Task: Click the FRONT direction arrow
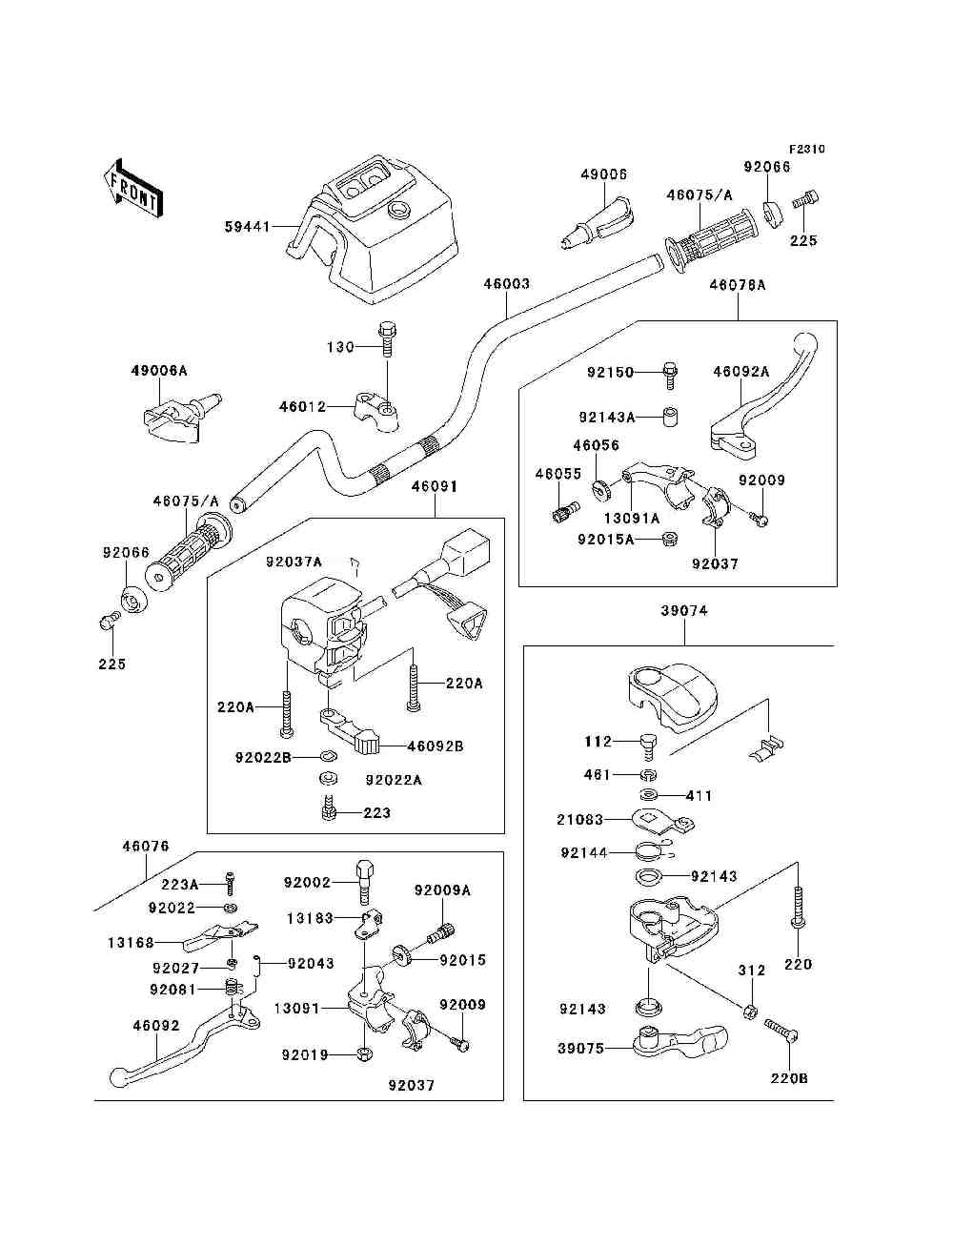click(132, 185)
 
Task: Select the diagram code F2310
click(806, 149)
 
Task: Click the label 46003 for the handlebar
click(506, 283)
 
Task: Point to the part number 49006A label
click(159, 370)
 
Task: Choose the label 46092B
click(435, 746)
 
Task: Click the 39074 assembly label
click(684, 610)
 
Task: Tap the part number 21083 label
click(579, 820)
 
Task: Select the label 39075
click(580, 1049)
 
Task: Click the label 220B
click(789, 1078)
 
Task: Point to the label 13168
click(131, 943)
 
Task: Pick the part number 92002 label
click(307, 883)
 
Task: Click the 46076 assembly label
click(145, 846)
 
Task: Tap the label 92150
click(610, 373)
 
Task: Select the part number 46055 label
click(558, 474)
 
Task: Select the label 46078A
click(737, 284)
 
